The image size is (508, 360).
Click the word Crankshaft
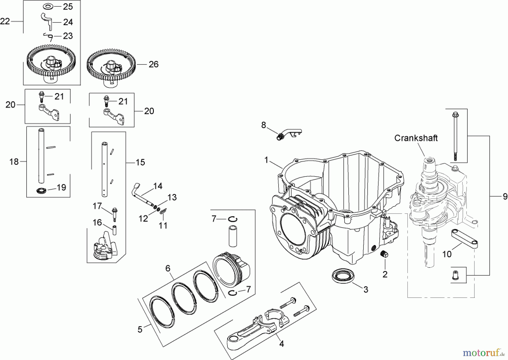[x=416, y=138]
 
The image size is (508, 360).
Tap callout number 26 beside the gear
[x=154, y=64]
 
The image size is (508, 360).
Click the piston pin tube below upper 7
[x=233, y=236]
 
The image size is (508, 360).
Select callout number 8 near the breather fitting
[x=263, y=125]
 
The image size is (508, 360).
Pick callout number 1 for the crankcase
[x=266, y=160]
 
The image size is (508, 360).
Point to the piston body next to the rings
[x=232, y=268]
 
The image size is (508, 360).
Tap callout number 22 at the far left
[x=5, y=21]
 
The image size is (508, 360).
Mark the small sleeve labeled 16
[x=115, y=230]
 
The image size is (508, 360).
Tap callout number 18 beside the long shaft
[x=14, y=162]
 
